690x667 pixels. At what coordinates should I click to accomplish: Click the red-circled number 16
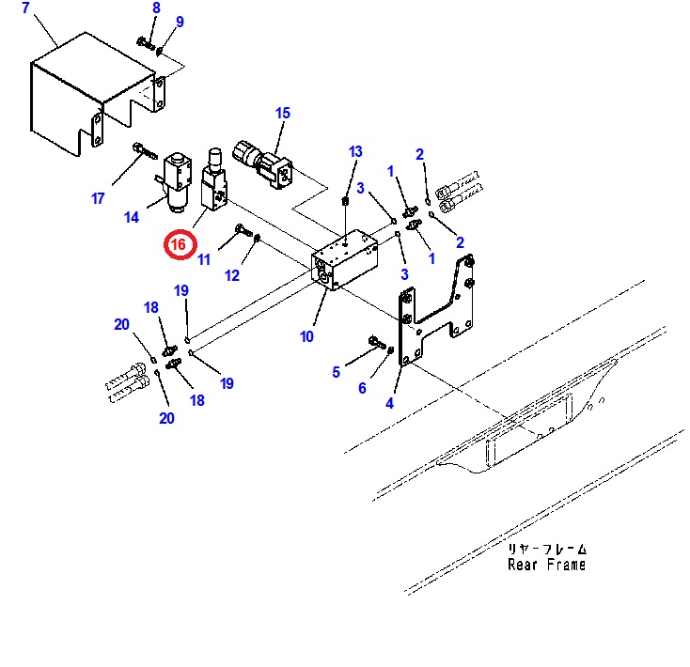click(x=180, y=245)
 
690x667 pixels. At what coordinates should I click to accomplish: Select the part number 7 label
click(x=25, y=8)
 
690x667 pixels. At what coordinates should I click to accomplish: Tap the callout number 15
click(x=283, y=114)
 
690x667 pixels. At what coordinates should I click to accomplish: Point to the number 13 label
click(x=354, y=152)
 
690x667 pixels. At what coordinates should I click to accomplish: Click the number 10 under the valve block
click(x=306, y=335)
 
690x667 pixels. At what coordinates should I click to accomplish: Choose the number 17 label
click(x=98, y=198)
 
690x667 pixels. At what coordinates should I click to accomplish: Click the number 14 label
click(x=131, y=218)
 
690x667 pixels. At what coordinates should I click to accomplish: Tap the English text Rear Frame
click(x=546, y=565)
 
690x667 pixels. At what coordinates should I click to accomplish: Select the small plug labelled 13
click(x=347, y=200)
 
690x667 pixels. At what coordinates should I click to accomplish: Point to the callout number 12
click(x=232, y=275)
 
